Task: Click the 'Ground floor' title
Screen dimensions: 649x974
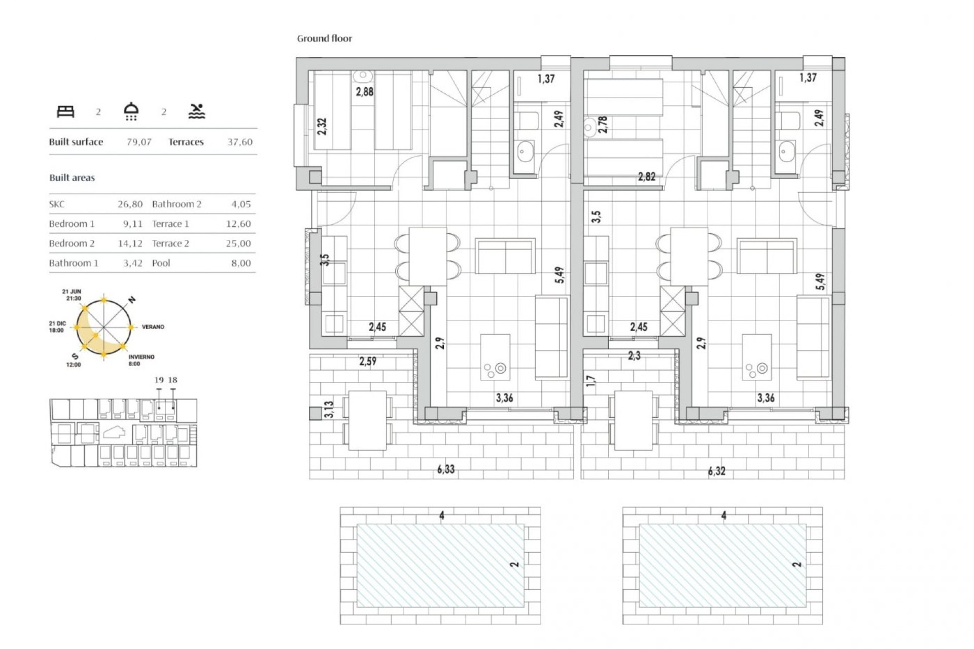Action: click(x=324, y=39)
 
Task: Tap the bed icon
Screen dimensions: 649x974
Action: click(x=65, y=112)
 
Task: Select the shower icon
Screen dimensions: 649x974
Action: click(x=131, y=112)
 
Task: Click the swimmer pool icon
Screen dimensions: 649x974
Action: click(x=197, y=112)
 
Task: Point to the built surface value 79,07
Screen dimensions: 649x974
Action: click(x=139, y=142)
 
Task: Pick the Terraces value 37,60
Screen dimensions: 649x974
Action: click(x=239, y=142)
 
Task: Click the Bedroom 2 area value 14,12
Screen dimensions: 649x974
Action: click(x=130, y=243)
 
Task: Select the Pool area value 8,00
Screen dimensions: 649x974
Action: click(x=241, y=263)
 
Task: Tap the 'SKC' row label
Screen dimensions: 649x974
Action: click(x=57, y=204)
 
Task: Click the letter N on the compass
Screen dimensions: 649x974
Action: click(x=132, y=300)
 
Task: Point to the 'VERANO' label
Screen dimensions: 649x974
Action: click(x=153, y=327)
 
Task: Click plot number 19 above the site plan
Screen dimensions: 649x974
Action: click(x=159, y=380)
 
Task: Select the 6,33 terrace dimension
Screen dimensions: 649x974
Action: click(x=446, y=470)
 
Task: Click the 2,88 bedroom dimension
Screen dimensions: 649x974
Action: click(x=364, y=92)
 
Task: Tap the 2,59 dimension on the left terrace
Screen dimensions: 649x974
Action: click(x=368, y=362)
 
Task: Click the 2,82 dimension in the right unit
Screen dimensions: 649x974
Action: click(x=646, y=177)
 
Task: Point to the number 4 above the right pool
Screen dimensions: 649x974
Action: click(x=724, y=515)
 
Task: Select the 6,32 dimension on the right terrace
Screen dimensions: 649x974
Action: click(x=716, y=471)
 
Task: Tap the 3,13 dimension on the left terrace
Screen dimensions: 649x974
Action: click(x=329, y=409)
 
